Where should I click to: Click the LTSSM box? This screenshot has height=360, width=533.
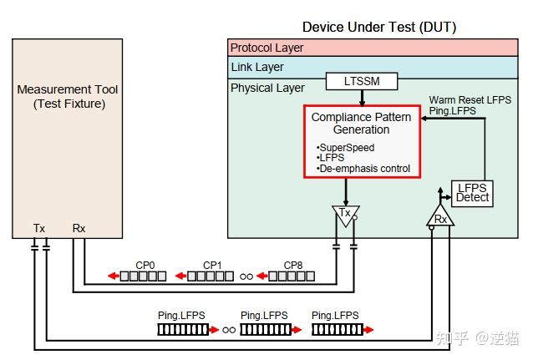tap(361, 82)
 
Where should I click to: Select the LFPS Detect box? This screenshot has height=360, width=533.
tap(472, 192)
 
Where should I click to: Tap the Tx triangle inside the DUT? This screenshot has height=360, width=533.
tap(344, 214)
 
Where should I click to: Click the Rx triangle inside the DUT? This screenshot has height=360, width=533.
tap(440, 219)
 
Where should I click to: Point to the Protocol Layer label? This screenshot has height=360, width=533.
tap(267, 48)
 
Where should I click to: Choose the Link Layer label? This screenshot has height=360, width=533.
tap(257, 67)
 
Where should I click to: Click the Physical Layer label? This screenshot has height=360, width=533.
tap(267, 87)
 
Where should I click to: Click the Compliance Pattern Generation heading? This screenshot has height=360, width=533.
tap(362, 124)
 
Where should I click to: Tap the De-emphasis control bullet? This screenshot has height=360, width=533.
tap(363, 168)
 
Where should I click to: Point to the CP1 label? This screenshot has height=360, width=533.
tap(212, 265)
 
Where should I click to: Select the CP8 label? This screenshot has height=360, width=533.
tap(293, 265)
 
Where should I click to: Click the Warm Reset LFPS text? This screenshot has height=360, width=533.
tap(471, 99)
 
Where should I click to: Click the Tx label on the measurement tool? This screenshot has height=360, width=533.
tap(39, 227)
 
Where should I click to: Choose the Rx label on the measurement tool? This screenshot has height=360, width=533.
tap(79, 227)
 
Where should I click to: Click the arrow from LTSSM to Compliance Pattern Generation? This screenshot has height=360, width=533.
tap(361, 98)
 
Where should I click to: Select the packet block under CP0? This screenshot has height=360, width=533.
tap(142, 276)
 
